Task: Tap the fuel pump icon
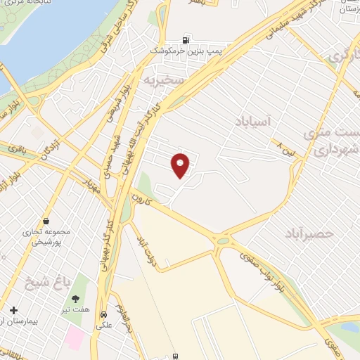coord(186,40)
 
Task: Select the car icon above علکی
coord(104,315)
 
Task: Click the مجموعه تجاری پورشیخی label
coord(53,238)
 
